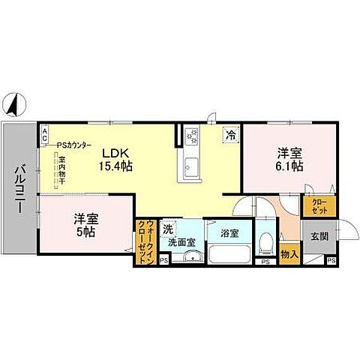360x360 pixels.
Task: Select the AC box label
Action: (44, 136)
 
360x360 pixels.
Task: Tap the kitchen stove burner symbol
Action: (191, 136)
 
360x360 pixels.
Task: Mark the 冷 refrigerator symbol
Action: (232, 136)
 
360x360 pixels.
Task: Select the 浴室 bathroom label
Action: (229, 233)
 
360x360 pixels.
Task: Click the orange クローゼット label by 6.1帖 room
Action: (313, 205)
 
